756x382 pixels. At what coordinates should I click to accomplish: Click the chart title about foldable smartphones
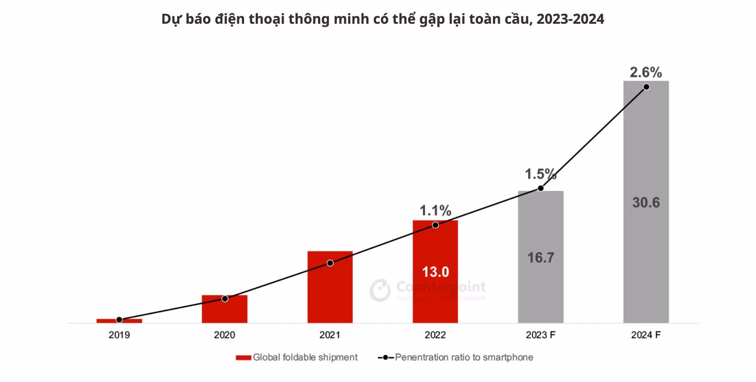click(x=382, y=19)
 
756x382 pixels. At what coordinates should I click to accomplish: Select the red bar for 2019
click(x=119, y=321)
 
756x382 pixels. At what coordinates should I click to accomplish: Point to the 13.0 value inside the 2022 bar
click(x=435, y=272)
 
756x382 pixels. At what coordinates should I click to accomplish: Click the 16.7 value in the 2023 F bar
click(x=540, y=258)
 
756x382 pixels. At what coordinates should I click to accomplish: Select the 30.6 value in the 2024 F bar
click(x=646, y=202)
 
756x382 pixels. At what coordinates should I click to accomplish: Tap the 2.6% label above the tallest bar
click(x=646, y=72)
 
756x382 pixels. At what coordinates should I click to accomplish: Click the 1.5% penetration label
click(x=540, y=174)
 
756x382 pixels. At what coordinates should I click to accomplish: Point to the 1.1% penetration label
click(x=435, y=210)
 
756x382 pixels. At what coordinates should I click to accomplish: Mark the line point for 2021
click(x=330, y=263)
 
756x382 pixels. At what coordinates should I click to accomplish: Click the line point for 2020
click(x=225, y=299)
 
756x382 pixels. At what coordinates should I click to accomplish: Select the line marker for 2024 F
click(x=646, y=87)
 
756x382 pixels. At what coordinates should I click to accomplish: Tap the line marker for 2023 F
click(x=540, y=188)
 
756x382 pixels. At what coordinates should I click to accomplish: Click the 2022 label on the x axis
click(x=435, y=335)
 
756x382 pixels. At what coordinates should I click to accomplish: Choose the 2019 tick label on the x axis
click(x=119, y=335)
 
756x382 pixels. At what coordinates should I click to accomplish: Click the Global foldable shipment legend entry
click(x=297, y=357)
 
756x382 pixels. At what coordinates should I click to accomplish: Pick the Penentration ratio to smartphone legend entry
click(x=456, y=357)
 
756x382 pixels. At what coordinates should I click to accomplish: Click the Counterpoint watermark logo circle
click(x=380, y=290)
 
